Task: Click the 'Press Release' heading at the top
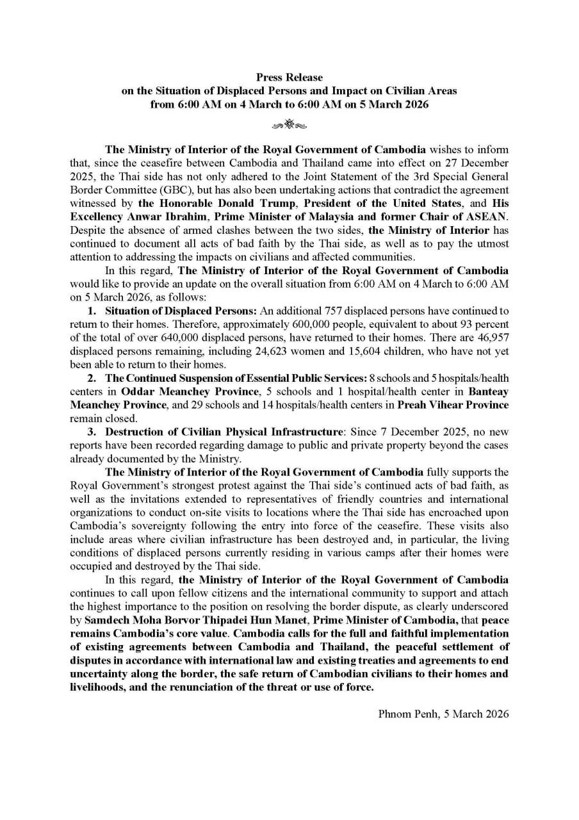(x=289, y=78)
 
